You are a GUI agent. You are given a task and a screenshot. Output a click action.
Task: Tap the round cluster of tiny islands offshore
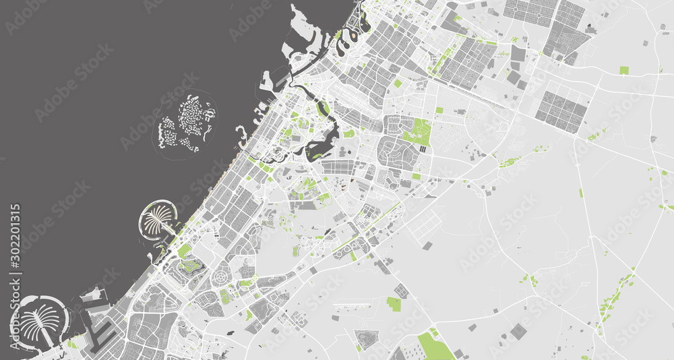187,123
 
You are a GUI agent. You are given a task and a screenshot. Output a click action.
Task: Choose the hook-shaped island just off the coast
241,134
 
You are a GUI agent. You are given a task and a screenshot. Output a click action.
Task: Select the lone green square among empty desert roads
623,70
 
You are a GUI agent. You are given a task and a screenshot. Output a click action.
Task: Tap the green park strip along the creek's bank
323,109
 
